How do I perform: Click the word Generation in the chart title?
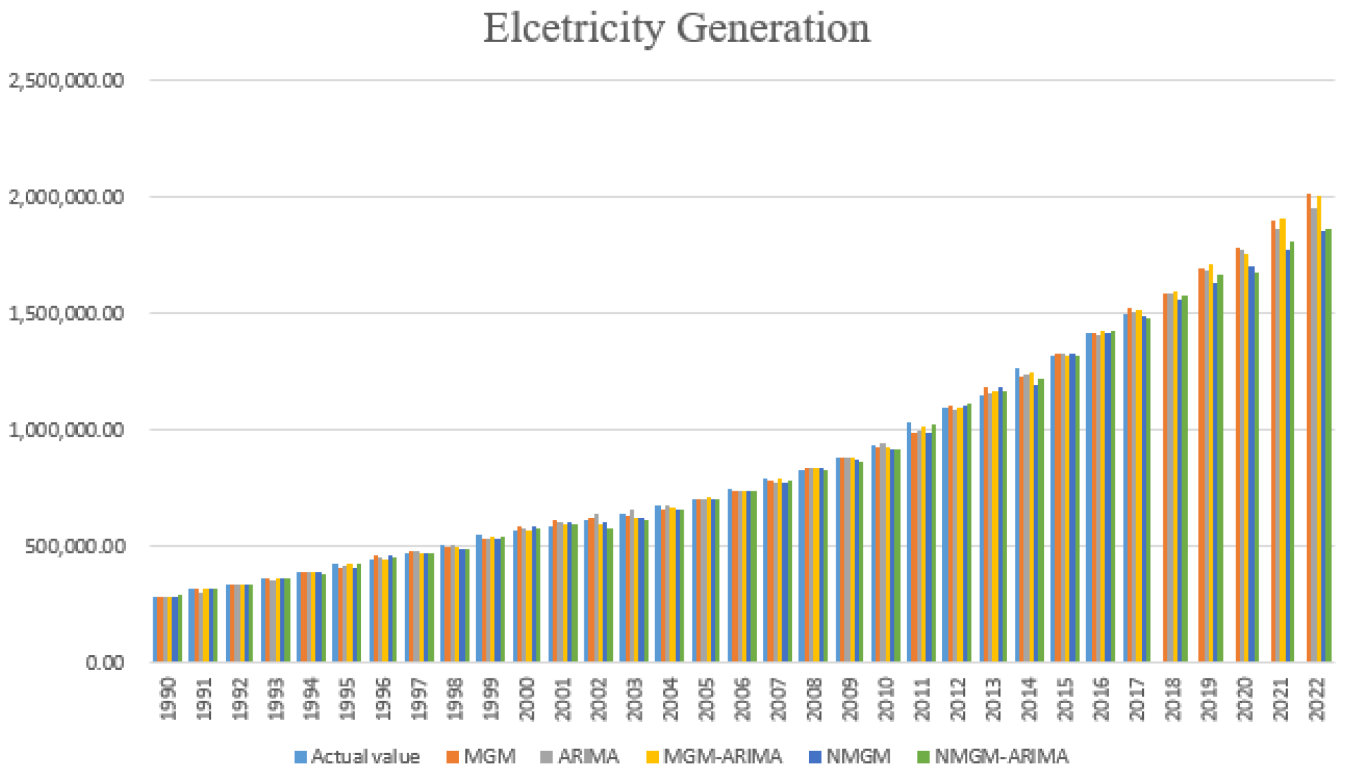[x=773, y=28]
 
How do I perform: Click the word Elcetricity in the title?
[x=574, y=28]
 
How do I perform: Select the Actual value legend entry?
[x=357, y=757]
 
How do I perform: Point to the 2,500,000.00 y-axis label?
[x=66, y=81]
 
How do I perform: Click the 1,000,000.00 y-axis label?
[x=66, y=430]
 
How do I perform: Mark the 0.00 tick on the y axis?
[x=105, y=662]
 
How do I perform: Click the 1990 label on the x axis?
[x=169, y=698]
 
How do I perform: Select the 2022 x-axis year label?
[x=1317, y=698]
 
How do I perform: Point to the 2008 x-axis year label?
[x=814, y=698]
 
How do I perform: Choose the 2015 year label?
[x=1065, y=698]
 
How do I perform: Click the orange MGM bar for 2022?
[x=1309, y=433]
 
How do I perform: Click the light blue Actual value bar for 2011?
[x=909, y=546]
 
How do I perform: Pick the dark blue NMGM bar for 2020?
[x=1251, y=466]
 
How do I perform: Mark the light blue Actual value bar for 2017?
[x=1125, y=493]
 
